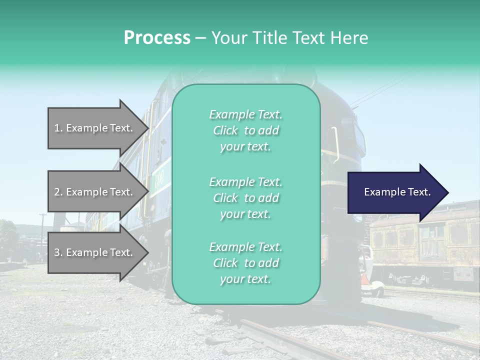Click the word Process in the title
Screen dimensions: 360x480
(157, 38)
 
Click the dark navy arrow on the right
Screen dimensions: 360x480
(395, 192)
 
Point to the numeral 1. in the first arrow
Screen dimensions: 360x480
(58, 128)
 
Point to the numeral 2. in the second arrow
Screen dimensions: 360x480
(58, 192)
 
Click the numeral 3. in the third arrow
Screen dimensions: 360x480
(58, 252)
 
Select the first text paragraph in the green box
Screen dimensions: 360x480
(245, 130)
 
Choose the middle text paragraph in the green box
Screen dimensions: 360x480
(245, 198)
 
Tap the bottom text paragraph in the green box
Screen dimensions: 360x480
(245, 263)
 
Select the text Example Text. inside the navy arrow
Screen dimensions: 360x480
(397, 192)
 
